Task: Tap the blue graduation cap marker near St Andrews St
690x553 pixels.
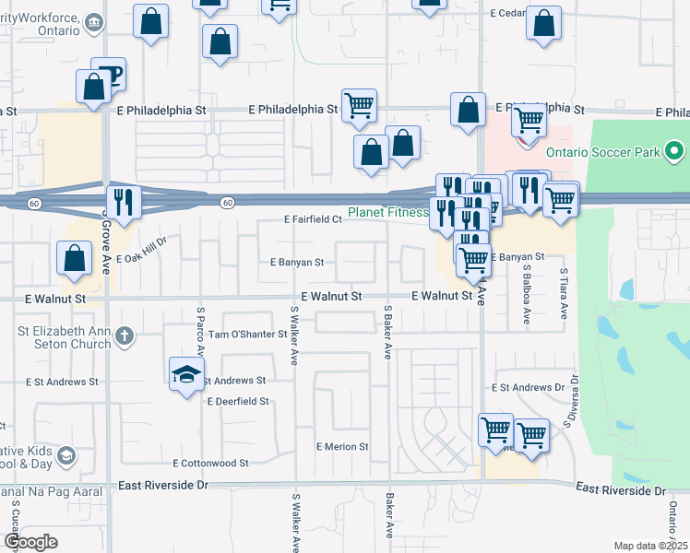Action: click(186, 374)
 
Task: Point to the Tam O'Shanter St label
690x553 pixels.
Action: click(248, 335)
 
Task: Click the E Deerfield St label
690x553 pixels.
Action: click(238, 402)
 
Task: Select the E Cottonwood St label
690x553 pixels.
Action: click(211, 464)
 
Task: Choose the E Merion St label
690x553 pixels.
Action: click(342, 447)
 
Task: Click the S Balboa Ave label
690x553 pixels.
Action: click(527, 297)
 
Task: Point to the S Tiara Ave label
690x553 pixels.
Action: click(564, 293)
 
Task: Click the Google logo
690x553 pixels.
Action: click(30, 542)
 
